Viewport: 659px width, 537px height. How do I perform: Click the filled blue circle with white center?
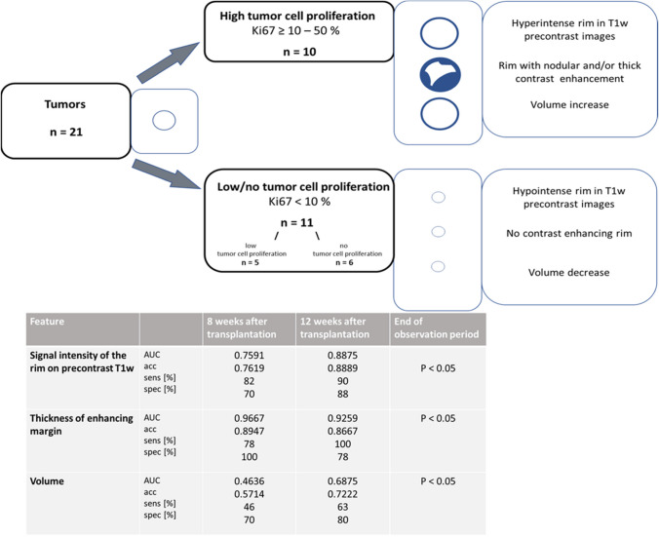(x=438, y=73)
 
